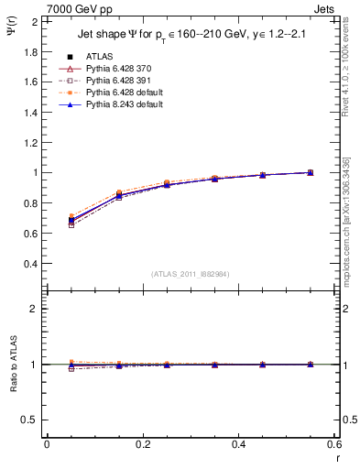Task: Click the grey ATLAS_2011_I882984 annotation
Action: coord(191,274)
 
